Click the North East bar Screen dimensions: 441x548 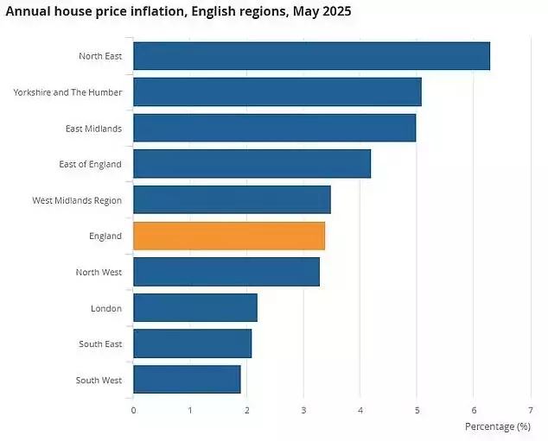[311, 56]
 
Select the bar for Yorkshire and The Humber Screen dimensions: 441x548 [277, 91]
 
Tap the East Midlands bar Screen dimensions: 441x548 [274, 128]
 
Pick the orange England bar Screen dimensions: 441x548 [229, 236]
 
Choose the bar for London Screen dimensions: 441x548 [195, 307]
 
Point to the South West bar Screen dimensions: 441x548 [187, 380]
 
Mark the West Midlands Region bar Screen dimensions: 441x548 [232, 199]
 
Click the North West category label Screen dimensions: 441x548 [99, 272]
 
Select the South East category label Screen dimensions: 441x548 [99, 344]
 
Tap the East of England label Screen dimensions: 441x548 [91, 164]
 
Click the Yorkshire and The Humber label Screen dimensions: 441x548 [67, 92]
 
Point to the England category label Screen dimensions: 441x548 [104, 236]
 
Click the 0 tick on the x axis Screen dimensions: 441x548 [133, 409]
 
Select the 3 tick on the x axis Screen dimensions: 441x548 [303, 409]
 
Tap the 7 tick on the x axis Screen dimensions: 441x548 [530, 409]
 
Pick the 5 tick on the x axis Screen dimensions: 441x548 [417, 409]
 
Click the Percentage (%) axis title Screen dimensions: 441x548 [497, 426]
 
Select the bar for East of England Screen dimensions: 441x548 [252, 164]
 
